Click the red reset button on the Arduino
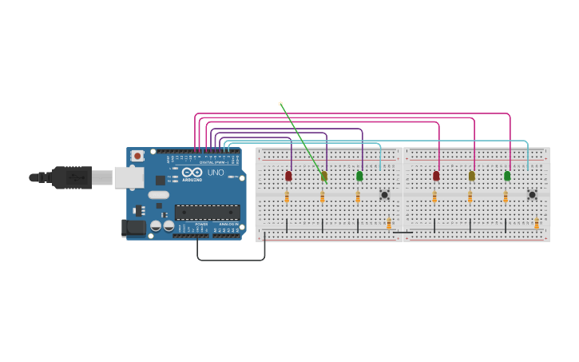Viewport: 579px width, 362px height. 137,156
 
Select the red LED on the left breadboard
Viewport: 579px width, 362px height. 288,176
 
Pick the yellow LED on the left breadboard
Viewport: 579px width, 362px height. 323,176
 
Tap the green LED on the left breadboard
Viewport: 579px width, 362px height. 359,176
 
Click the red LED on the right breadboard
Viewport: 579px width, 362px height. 436,176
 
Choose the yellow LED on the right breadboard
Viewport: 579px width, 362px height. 471,176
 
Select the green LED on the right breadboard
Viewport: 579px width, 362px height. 507,176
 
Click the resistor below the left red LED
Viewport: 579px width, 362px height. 287,197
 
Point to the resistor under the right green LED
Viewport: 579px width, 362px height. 506,197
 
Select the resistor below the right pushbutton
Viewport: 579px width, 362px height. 537,224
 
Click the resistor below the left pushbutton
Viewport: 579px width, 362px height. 389,224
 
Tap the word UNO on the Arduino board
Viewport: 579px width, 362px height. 216,173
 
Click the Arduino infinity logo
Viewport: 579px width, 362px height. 192,172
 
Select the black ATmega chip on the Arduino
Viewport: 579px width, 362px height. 207,213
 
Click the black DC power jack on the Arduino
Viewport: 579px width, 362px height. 133,228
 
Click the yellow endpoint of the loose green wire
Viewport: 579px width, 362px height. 280,104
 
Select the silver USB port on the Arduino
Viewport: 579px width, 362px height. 128,177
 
